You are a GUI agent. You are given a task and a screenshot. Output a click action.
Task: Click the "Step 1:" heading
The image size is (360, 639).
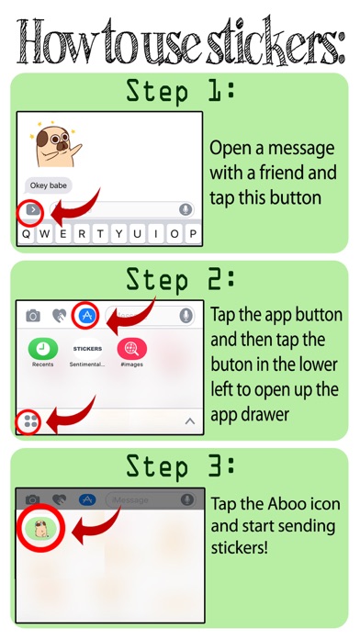[180, 91]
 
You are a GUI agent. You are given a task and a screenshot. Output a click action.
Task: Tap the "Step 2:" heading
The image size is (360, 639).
[180, 280]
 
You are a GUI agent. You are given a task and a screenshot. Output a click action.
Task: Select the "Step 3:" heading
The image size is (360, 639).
[180, 465]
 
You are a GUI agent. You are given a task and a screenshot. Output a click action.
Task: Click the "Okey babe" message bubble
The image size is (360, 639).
[49, 185]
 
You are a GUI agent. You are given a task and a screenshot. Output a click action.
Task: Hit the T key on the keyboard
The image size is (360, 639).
[100, 234]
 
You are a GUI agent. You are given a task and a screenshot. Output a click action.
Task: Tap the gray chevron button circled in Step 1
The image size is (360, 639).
[33, 210]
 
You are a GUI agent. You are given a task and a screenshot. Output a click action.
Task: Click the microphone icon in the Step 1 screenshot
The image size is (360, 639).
[186, 209]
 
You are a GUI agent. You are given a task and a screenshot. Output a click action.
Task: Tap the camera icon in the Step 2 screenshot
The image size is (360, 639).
[33, 316]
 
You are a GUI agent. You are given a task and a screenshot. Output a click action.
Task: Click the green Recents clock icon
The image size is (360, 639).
[43, 349]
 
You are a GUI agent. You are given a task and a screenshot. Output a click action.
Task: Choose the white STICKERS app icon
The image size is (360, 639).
[87, 349]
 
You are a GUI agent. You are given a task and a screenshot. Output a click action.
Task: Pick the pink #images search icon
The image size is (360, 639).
[131, 349]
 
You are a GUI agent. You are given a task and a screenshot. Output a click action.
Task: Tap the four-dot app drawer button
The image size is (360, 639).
[30, 421]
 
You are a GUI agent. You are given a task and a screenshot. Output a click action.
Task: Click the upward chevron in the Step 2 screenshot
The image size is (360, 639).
[190, 421]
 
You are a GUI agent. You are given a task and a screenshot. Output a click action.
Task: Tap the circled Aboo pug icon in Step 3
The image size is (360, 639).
[39, 528]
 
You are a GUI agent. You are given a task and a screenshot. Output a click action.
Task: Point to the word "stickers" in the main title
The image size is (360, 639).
[276, 42]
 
